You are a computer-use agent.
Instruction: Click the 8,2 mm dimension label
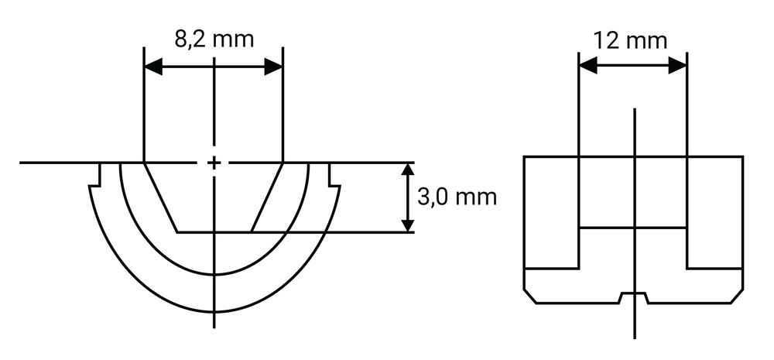(x=214, y=39)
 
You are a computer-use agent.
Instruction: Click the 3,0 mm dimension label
(x=457, y=197)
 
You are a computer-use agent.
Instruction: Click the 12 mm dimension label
(x=630, y=40)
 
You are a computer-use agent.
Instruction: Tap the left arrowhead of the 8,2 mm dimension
(x=153, y=67)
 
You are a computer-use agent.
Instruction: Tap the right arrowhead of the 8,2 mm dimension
(x=273, y=67)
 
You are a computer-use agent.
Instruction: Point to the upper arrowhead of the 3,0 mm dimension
(x=407, y=171)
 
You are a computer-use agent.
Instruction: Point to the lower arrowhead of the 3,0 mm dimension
(x=407, y=223)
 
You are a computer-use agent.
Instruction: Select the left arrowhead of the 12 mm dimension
(x=588, y=65)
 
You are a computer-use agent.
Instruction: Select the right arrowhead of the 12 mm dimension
(x=677, y=65)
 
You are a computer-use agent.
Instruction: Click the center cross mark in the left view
(x=214, y=163)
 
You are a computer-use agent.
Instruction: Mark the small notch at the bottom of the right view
(x=633, y=298)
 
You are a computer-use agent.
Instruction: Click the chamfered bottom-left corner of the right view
(x=529, y=296)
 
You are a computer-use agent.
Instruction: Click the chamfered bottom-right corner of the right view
(x=737, y=296)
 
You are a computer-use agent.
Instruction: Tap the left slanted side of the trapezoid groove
(x=160, y=197)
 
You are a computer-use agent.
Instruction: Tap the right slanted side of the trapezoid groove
(x=266, y=197)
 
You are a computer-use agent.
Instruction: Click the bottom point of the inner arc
(x=214, y=274)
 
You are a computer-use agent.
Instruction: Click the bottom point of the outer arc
(x=214, y=312)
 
